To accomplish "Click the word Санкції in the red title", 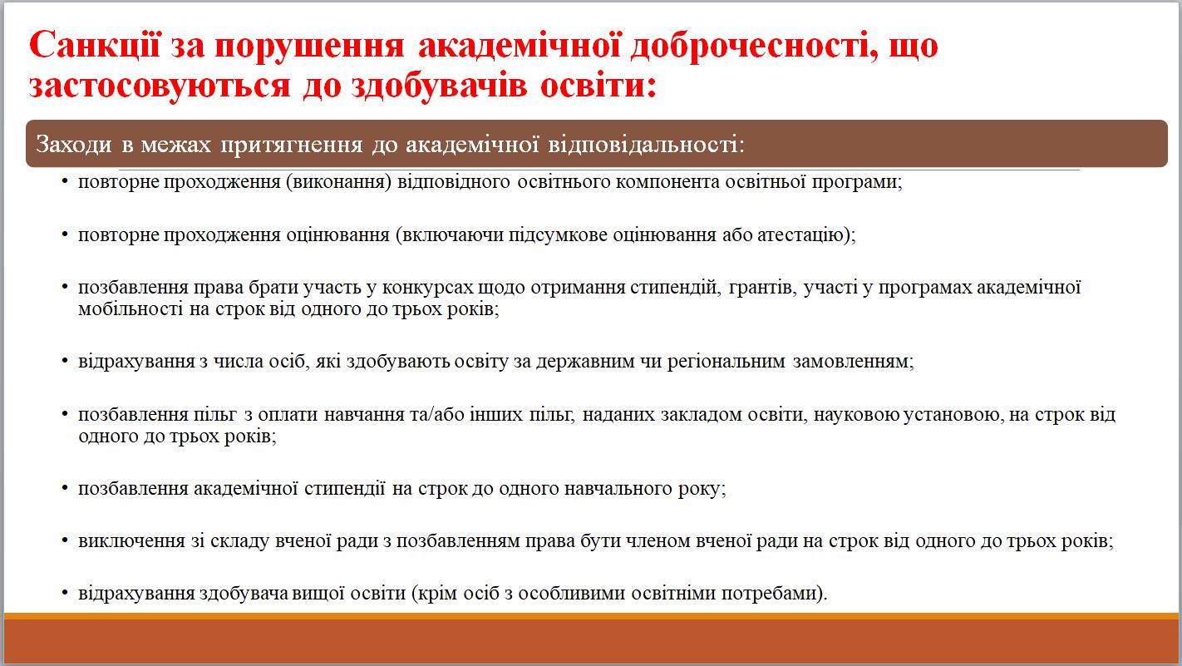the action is coord(94,44).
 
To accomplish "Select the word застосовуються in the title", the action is coord(160,86).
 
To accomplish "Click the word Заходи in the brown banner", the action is coord(73,145).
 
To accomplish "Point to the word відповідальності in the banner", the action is coord(646,145).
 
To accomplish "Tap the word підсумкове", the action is coord(558,235).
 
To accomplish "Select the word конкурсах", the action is coord(427,289).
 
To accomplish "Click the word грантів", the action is coord(762,289).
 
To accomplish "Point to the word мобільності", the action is coord(131,309).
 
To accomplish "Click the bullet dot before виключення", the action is coord(65,541).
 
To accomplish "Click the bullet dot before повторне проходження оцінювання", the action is coord(65,234).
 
